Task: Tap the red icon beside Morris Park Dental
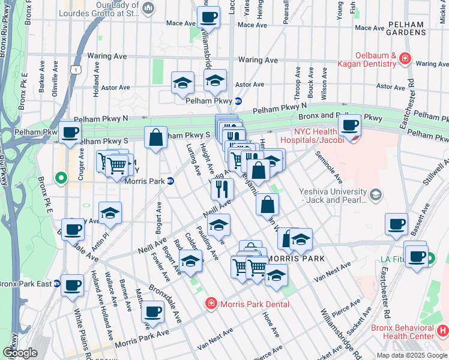pyautogui.click(x=211, y=304)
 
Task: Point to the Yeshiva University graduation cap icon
pyautogui.click(x=376, y=194)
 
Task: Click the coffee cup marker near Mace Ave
pyautogui.click(x=209, y=17)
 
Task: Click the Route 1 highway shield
pyautogui.click(x=76, y=70)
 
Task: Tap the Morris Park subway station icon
pyautogui.click(x=170, y=181)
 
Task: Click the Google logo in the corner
pyautogui.click(x=19, y=353)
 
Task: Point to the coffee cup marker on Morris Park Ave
pyautogui.click(x=152, y=311)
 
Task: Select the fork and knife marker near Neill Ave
pyautogui.click(x=222, y=189)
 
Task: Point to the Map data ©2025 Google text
pyautogui.click(x=412, y=355)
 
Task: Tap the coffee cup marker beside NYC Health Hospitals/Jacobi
pyautogui.click(x=349, y=125)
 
